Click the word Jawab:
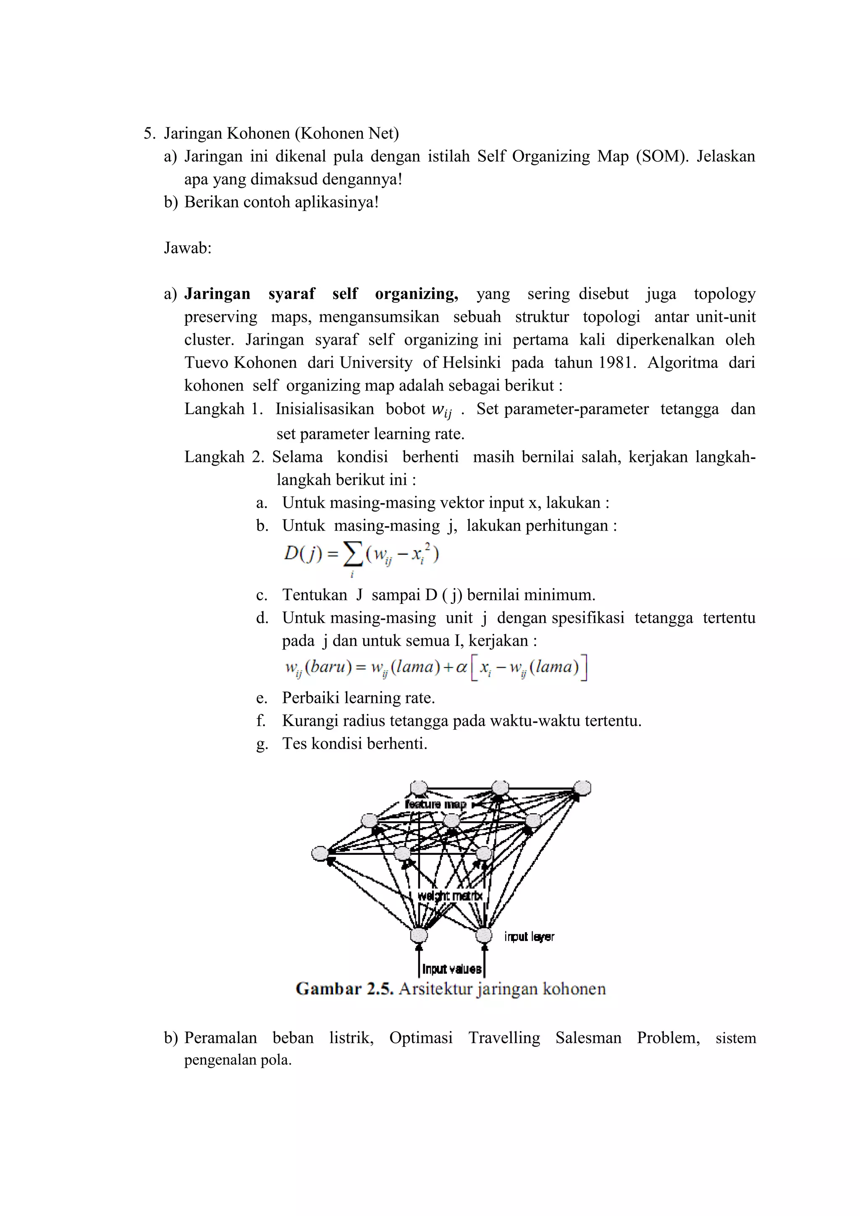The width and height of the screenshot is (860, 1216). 187,248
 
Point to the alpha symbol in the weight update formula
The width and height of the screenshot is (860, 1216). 461,667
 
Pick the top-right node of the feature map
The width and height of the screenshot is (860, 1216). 582,788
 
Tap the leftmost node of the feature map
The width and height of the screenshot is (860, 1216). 320,854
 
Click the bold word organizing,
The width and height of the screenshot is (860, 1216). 416,294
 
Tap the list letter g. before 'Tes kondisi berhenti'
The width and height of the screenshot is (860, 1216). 262,744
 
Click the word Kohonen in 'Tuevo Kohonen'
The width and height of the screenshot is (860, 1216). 265,363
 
